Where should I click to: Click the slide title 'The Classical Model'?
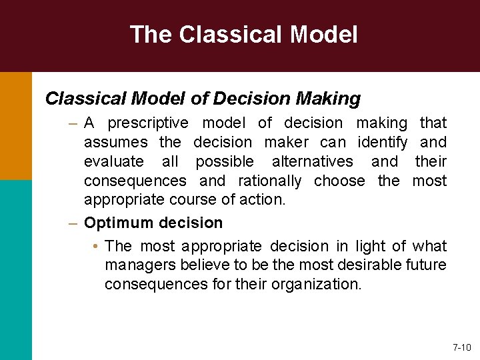click(x=243, y=34)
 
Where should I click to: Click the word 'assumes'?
click(x=117, y=143)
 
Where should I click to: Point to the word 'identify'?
click(x=383, y=143)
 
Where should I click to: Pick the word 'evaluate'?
click(x=113, y=162)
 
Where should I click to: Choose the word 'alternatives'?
click(x=312, y=162)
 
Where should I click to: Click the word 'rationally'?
click(x=269, y=181)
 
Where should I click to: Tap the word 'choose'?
click(x=339, y=181)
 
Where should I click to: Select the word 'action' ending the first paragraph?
click(x=266, y=200)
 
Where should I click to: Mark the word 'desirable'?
click(x=374, y=265)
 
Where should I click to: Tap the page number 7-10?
click(x=461, y=347)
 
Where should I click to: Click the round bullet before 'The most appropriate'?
click(x=97, y=247)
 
